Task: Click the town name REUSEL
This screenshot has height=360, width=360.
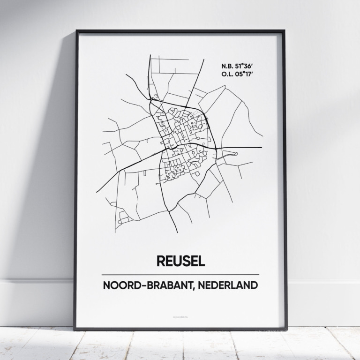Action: (180, 261)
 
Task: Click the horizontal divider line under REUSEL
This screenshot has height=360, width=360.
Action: (180, 274)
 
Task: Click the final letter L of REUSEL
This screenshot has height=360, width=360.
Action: (201, 261)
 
